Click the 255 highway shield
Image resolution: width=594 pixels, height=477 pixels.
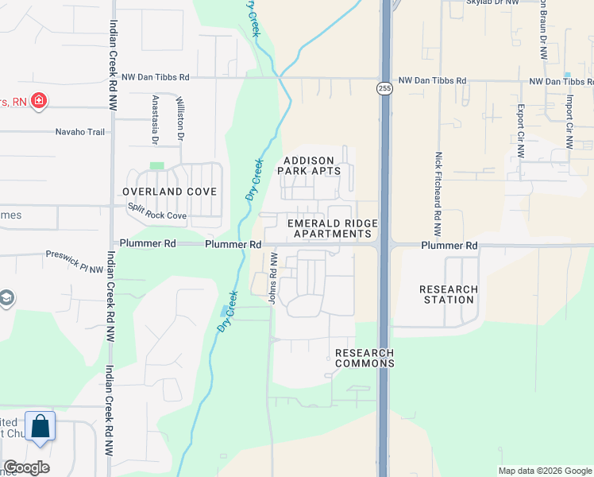384,87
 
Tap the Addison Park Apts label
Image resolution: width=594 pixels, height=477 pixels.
312,165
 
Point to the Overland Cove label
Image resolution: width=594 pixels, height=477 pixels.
170,192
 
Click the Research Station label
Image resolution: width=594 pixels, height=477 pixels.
449,294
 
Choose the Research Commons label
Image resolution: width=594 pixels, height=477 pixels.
364,358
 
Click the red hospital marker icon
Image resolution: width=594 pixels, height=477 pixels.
37,101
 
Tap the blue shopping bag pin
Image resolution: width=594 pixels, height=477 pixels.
40,427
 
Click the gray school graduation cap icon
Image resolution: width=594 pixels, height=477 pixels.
6,299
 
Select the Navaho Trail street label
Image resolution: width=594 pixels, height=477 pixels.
79,132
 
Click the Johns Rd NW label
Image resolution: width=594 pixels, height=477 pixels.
272,279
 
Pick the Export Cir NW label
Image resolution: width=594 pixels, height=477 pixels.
521,127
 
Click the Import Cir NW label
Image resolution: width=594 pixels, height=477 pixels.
569,122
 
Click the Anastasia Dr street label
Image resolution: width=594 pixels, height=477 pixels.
154,120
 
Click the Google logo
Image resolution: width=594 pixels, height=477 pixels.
26,467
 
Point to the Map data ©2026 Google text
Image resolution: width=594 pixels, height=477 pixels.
544,471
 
